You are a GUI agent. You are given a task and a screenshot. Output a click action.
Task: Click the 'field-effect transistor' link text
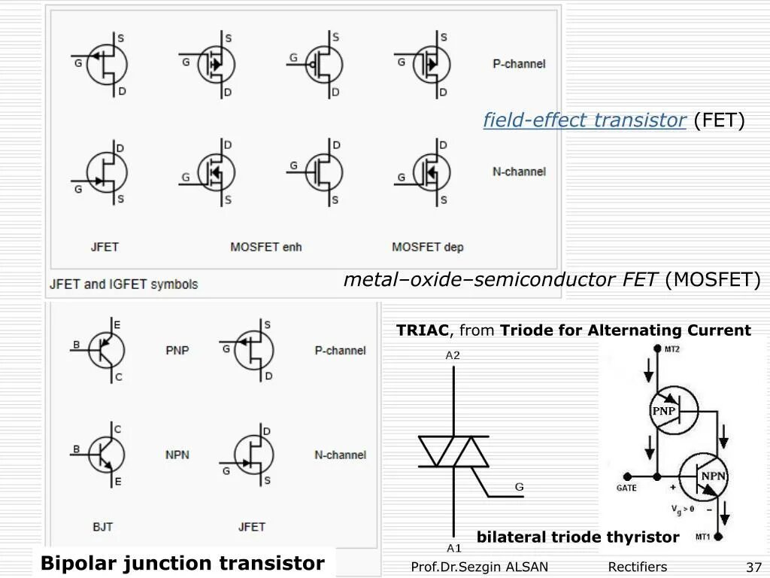[584, 120]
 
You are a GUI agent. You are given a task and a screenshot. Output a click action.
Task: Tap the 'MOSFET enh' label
[265, 247]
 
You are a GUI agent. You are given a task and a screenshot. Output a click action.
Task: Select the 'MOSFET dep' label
[427, 247]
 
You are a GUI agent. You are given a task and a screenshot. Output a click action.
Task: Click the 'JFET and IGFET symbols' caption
[124, 284]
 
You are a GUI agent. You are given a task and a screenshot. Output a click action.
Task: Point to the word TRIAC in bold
[423, 330]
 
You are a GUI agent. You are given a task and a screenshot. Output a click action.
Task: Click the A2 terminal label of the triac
[453, 355]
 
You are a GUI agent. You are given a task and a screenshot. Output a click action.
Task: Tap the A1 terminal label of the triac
[453, 548]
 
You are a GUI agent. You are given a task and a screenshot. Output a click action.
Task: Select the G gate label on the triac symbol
[519, 487]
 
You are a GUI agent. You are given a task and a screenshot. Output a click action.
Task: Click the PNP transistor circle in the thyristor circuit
[673, 410]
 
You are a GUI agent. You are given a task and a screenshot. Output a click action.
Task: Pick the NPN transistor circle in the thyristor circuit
[704, 476]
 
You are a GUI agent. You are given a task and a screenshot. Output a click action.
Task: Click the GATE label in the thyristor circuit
[626, 488]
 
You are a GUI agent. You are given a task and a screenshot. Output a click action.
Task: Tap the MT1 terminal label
[703, 537]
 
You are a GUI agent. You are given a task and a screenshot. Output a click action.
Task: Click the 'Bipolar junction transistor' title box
[183, 563]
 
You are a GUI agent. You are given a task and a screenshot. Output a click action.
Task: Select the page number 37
[753, 567]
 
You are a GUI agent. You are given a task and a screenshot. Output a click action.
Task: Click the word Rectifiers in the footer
[637, 567]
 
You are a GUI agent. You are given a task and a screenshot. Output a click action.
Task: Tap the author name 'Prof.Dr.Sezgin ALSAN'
[479, 567]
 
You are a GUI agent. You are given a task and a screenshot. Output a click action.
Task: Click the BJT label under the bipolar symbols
[103, 527]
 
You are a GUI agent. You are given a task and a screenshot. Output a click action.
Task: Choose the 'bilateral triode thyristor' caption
[577, 537]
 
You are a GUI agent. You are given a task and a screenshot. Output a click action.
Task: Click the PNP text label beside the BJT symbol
[177, 350]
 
